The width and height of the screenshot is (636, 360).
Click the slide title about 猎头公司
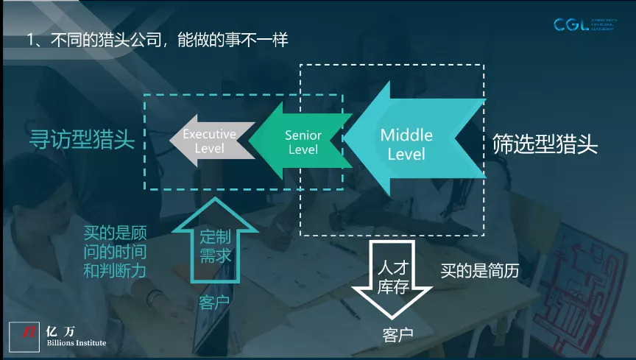point(156,39)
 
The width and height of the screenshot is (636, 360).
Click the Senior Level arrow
point(298,141)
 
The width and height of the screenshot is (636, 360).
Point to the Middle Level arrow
point(412,142)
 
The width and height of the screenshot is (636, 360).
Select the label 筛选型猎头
point(545,144)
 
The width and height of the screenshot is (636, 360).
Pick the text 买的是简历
point(480,271)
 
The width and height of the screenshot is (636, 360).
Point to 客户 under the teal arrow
point(214,303)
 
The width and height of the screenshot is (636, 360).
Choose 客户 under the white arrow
point(397,335)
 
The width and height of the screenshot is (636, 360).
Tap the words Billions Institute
point(76,343)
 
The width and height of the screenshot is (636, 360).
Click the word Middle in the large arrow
point(406,135)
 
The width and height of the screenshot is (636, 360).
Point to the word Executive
point(209,134)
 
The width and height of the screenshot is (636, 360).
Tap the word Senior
point(303,135)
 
